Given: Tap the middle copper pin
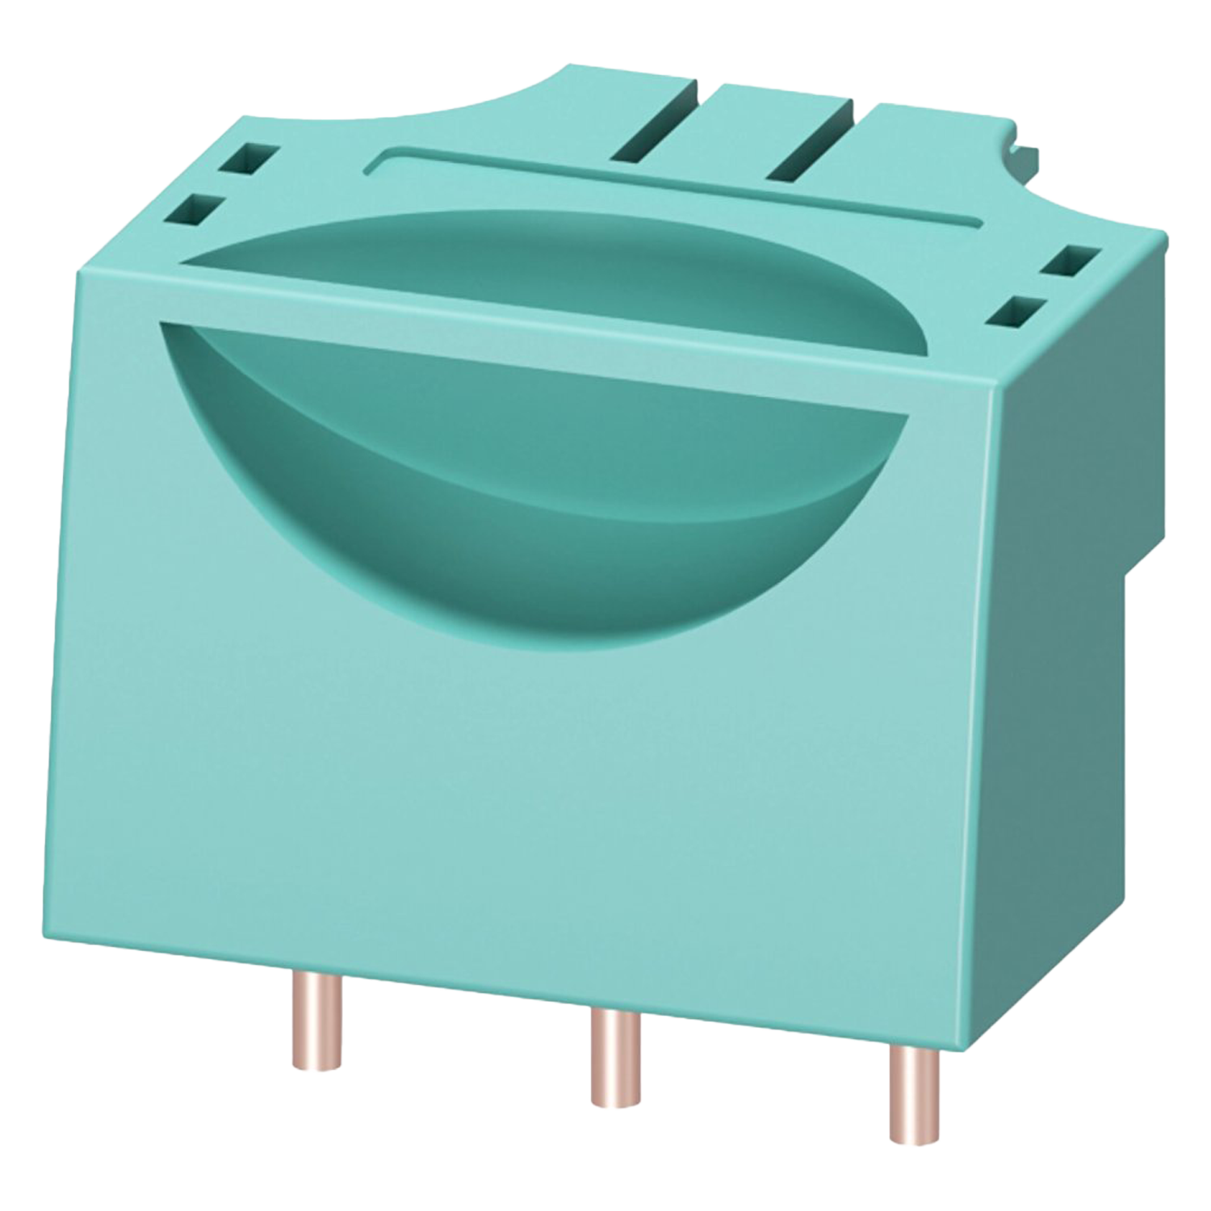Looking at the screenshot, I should [x=615, y=1058].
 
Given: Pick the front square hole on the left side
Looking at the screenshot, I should [x=196, y=210].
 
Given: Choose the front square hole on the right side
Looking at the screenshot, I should [x=1015, y=312].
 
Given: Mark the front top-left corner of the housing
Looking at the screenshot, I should [x=78, y=273].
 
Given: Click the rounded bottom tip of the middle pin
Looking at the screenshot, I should [x=615, y=1103].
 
